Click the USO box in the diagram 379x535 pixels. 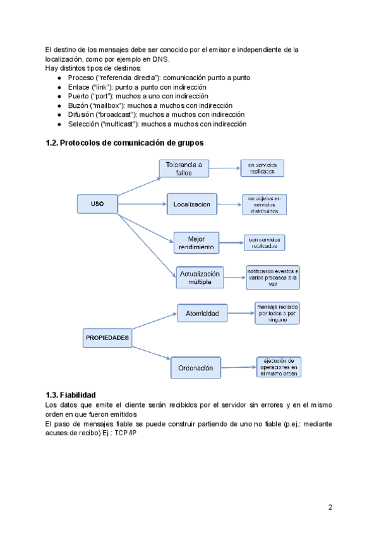[97, 204]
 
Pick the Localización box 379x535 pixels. [191, 204]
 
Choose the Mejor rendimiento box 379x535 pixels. [196, 243]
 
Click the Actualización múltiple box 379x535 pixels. [201, 278]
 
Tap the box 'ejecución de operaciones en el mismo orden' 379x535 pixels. [279, 367]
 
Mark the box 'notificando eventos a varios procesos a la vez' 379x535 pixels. [273, 277]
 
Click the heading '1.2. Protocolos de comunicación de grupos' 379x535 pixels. [124, 143]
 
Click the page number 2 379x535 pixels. [330, 507]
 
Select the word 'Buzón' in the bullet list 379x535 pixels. [78, 105]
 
